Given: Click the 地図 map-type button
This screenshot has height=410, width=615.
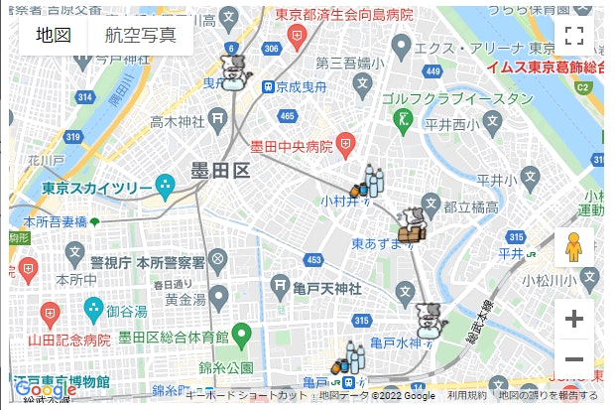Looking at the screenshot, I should point(53,36).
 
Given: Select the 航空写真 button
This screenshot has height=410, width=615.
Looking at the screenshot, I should point(140,36).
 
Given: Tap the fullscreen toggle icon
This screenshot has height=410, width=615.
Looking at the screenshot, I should point(573,37).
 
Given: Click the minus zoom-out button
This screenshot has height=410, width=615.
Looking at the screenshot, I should point(573,359).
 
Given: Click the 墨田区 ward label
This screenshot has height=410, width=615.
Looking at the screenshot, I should point(220,170).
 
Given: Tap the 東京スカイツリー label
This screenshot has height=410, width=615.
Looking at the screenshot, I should point(97,188).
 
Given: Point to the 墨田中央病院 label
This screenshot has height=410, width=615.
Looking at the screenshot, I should point(290,147).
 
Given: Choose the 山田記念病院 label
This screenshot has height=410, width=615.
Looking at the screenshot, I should point(68,340).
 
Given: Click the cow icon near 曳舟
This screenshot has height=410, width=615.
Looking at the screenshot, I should point(234,71).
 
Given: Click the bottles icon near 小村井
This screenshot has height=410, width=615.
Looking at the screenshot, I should point(369,182).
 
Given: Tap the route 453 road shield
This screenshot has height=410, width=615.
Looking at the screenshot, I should point(313,260).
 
